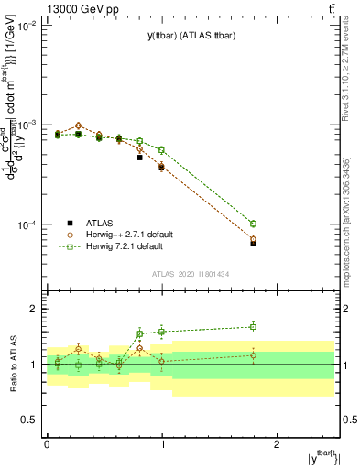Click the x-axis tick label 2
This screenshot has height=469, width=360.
pyautogui.click(x=278, y=443)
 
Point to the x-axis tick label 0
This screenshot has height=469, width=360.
pyautogui.click(x=47, y=443)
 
